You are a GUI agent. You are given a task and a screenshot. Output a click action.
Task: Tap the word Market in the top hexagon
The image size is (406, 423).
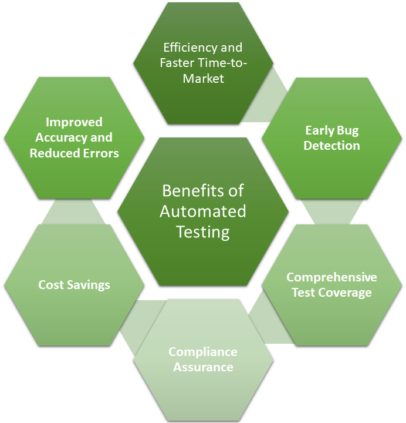(x=203, y=78)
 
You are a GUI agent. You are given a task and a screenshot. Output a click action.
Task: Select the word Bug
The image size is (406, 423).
(x=347, y=130)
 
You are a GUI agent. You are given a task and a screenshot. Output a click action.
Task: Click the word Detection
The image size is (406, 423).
(x=331, y=145)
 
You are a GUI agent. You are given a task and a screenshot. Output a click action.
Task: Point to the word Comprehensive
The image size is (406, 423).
(x=331, y=277)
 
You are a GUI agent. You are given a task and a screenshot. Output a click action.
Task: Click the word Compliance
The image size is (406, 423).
(x=203, y=352)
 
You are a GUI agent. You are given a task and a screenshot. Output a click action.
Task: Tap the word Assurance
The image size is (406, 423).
(x=203, y=367)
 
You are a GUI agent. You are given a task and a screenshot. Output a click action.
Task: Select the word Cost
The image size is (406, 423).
(x=50, y=285)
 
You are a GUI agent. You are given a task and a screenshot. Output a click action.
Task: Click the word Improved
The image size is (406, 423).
(x=74, y=122)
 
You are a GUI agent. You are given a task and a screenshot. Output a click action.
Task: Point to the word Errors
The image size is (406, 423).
(x=102, y=153)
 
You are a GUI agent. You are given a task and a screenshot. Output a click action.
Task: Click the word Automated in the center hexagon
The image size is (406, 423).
(x=203, y=211)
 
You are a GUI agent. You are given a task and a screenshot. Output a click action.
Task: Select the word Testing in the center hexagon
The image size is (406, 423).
(x=203, y=231)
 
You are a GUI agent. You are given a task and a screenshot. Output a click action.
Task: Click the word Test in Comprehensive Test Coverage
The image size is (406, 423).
(x=304, y=293)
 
